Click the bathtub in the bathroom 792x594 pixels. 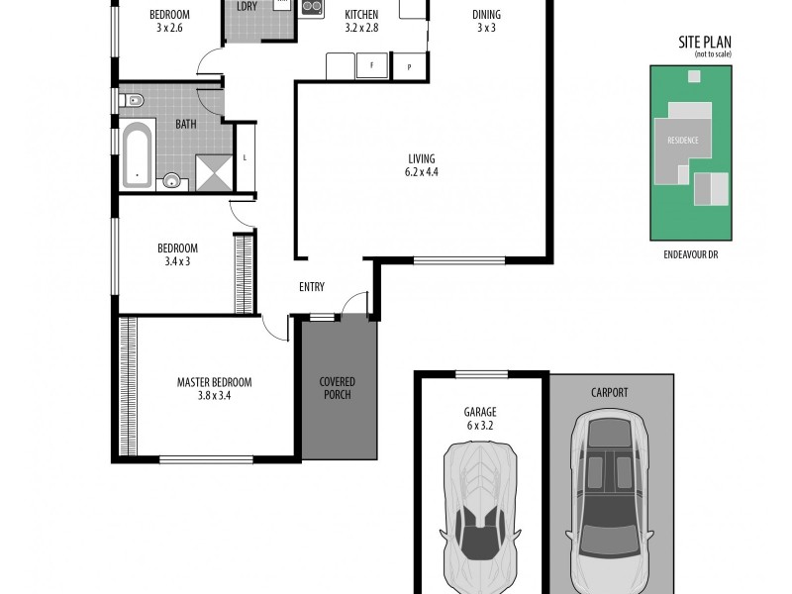(139, 153)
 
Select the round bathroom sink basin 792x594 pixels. (174, 180)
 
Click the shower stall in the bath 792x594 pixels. (212, 172)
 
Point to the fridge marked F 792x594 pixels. (372, 66)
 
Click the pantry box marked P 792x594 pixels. (409, 66)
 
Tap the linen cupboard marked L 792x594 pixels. (246, 157)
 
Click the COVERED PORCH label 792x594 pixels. (337, 389)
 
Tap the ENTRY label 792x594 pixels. (312, 287)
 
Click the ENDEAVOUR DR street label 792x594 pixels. (691, 253)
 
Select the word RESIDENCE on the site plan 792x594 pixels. (682, 141)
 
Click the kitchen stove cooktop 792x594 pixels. (311, 8)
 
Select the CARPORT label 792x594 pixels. (609, 393)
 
